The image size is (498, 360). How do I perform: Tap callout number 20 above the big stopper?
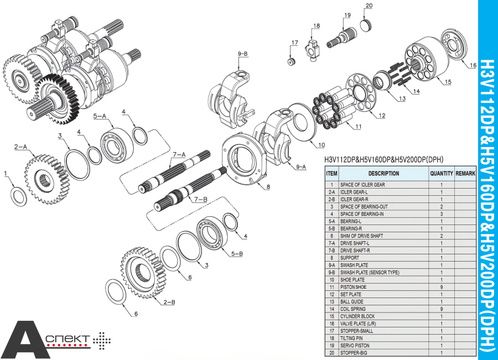(369, 6)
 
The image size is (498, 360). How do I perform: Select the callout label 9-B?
(242, 54)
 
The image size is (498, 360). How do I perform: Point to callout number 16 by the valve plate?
(472, 65)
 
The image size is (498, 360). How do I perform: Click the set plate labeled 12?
(365, 96)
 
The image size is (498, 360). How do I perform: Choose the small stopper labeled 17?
(292, 60)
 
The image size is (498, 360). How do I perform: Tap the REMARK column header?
(465, 173)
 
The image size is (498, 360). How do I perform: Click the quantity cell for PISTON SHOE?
(441, 287)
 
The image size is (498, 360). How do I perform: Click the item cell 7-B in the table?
(331, 251)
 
